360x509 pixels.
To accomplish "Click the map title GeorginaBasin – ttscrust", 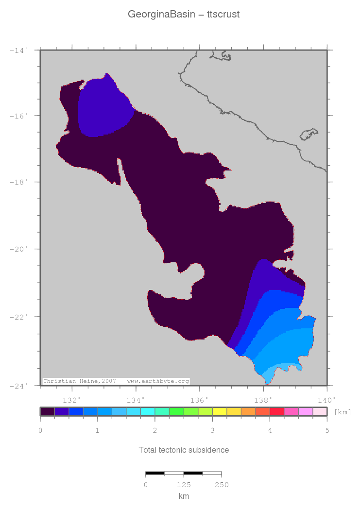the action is point(183,15).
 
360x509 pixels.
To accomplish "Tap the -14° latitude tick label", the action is point(19,50).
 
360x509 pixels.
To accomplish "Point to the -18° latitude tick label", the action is point(19,182).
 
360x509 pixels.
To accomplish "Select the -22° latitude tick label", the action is point(19,317).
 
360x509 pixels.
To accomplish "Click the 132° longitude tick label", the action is point(72,400).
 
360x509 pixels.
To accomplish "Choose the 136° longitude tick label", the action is point(200,400).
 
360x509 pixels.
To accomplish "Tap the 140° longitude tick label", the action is point(326,400).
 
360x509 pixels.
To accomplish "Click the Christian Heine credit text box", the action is point(116,381).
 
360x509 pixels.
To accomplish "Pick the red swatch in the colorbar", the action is point(276,411).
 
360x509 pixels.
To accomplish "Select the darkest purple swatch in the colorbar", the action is point(47,411).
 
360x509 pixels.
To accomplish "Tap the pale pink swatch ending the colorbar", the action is point(320,411).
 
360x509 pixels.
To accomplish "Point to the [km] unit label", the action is point(343,412).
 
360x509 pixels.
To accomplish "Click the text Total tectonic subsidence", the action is point(184,450).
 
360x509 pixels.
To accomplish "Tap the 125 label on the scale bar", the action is point(184,485).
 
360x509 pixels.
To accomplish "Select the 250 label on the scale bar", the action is point(222,485).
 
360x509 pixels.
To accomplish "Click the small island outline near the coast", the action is point(309,134).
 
